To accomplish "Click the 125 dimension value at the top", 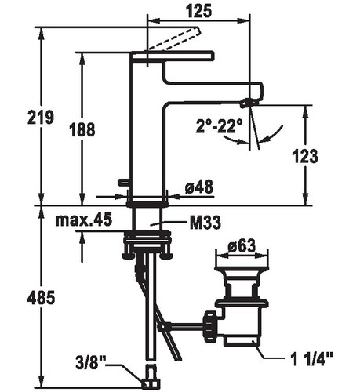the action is [198, 11].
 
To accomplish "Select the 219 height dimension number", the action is [41, 117].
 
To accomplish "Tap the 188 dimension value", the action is [82, 129].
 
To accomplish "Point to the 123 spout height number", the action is [304, 156].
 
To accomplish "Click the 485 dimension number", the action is [41, 297].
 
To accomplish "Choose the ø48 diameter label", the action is [199, 187].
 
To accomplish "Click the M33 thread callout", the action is [205, 223].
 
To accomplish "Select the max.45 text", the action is [84, 220].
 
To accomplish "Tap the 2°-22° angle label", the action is [219, 126].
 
